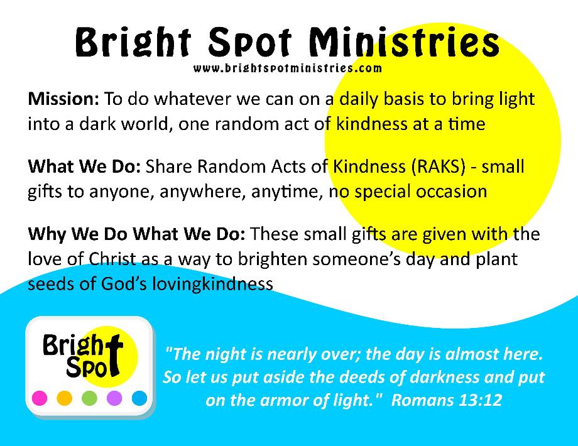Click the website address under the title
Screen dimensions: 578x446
[288, 68]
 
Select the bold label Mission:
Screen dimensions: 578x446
[63, 99]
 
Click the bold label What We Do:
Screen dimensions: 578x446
[84, 166]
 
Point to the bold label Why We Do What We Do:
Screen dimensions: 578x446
[137, 234]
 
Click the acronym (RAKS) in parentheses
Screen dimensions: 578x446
[438, 167]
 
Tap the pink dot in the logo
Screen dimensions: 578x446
[40, 398]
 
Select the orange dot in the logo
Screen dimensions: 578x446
[65, 398]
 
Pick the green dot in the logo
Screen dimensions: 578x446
[89, 398]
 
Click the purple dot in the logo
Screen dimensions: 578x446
[114, 398]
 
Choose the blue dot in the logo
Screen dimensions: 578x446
[139, 398]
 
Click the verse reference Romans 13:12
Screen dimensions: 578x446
[447, 400]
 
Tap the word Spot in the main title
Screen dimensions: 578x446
[250, 43]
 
